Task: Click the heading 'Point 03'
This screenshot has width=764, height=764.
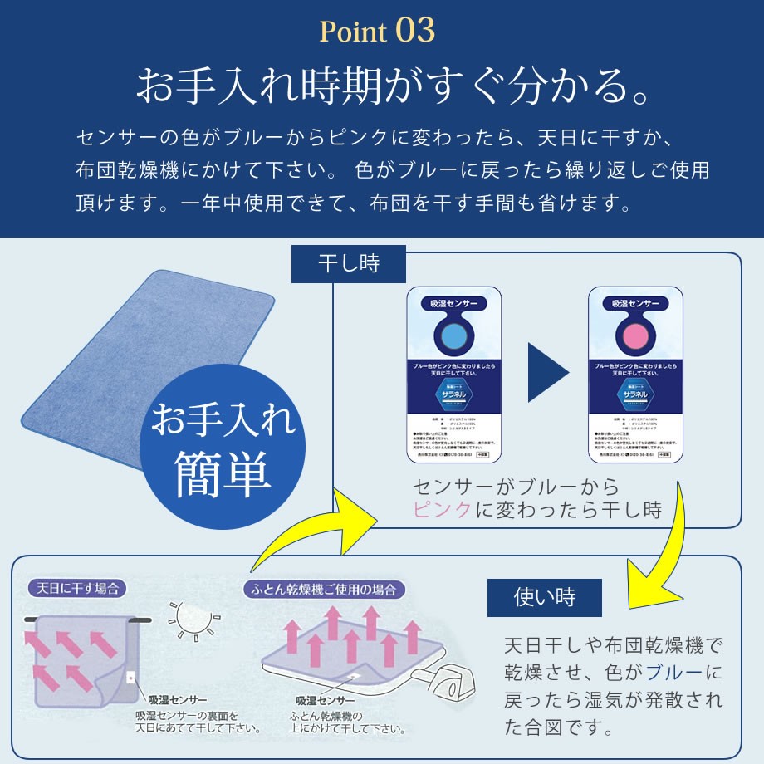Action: (377, 32)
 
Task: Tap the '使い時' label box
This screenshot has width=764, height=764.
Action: (545, 596)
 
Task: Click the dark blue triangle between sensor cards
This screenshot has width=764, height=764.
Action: (546, 371)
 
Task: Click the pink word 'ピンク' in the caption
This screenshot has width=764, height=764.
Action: (443, 509)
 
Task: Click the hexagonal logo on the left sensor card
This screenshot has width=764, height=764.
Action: (453, 395)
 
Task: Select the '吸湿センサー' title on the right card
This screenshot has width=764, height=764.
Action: (634, 304)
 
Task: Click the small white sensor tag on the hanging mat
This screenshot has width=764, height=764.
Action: (130, 677)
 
